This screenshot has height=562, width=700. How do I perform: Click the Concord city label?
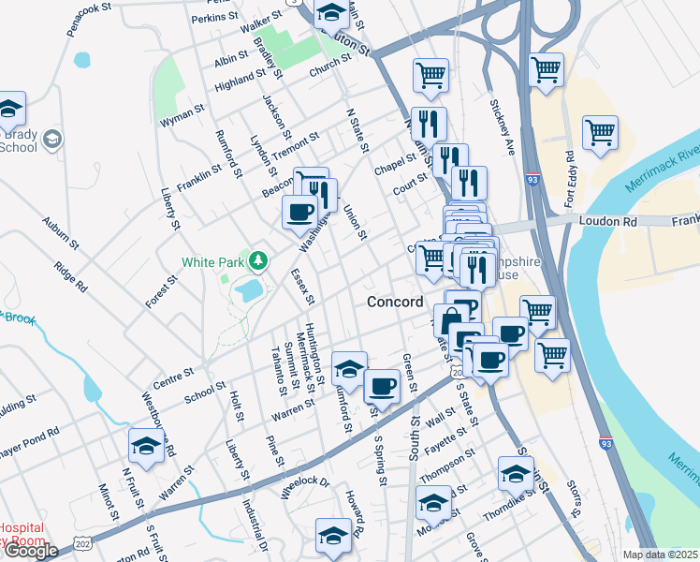click(x=395, y=302)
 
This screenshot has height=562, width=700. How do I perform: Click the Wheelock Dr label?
click(x=306, y=483)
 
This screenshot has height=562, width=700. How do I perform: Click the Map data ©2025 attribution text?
click(x=660, y=555)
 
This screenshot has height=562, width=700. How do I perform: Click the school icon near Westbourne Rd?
click(x=145, y=447)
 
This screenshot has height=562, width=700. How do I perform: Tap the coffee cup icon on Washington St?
click(x=299, y=212)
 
